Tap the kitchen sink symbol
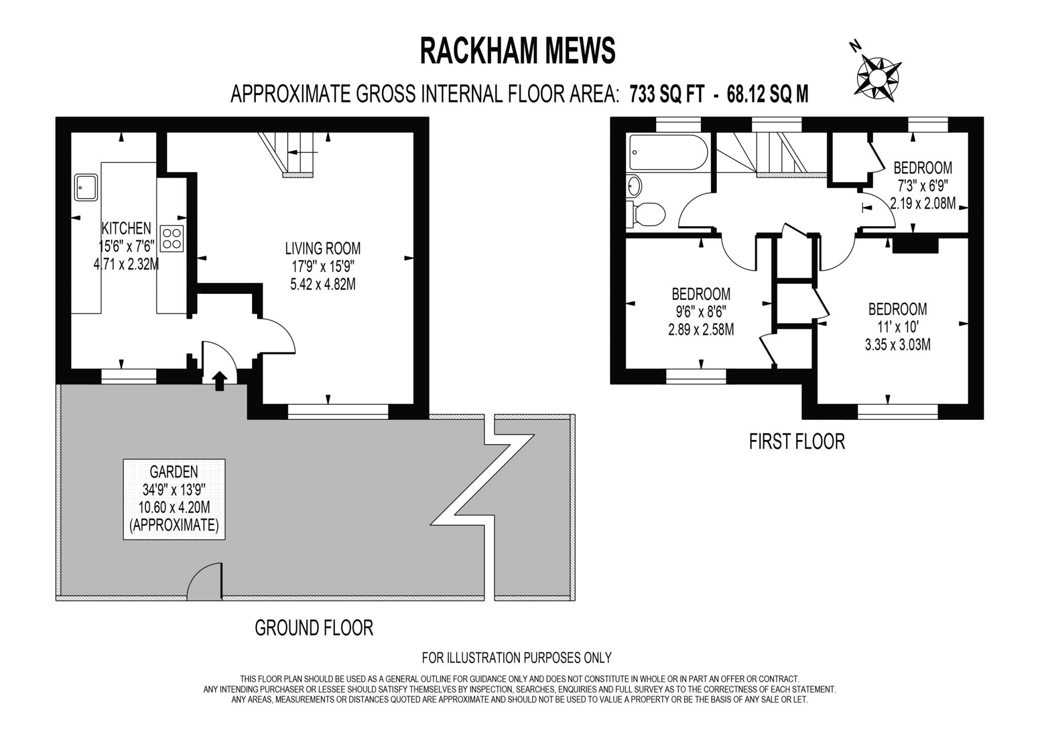[x=86, y=187]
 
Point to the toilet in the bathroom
[x=647, y=214]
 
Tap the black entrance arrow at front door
[x=219, y=381]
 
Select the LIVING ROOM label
[x=322, y=248]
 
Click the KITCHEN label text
[x=126, y=228]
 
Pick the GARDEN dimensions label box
[x=174, y=499]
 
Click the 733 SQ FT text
[x=667, y=94]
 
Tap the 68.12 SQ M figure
[x=767, y=94]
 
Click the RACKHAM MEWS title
[x=517, y=51]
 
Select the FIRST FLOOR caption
[x=797, y=442]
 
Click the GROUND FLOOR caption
[x=314, y=628]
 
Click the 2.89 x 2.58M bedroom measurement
[x=701, y=329]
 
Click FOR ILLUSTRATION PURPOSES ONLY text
[x=516, y=658]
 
